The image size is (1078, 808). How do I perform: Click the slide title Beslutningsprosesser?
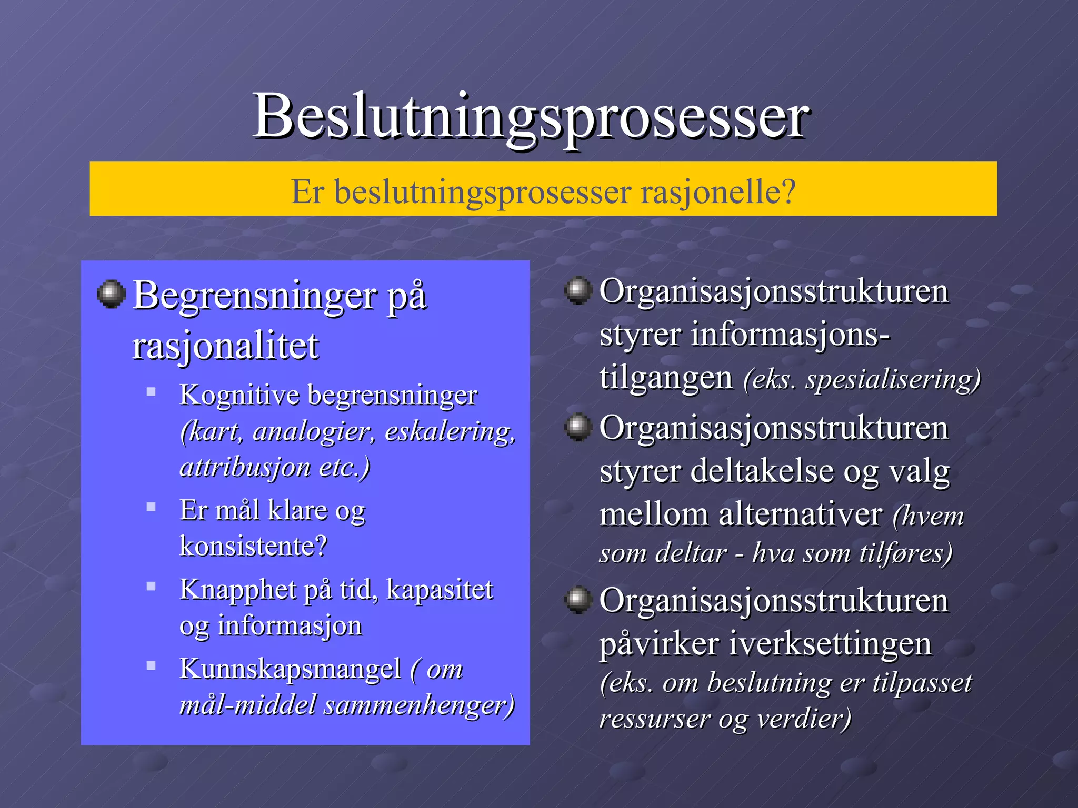pos(532,117)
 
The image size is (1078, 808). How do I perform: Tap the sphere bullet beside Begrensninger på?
pos(111,294)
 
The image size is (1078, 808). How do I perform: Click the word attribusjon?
pos(238,467)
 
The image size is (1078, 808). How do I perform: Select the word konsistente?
pos(253,546)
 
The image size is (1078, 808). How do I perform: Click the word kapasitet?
pos(440,589)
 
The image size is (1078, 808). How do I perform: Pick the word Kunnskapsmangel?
pos(290,670)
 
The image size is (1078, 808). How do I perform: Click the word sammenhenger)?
pos(419,705)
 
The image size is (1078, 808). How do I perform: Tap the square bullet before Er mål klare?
pos(151,507)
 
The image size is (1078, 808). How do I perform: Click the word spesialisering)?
pos(893,379)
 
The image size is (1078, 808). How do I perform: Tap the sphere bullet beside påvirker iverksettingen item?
pos(578,600)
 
